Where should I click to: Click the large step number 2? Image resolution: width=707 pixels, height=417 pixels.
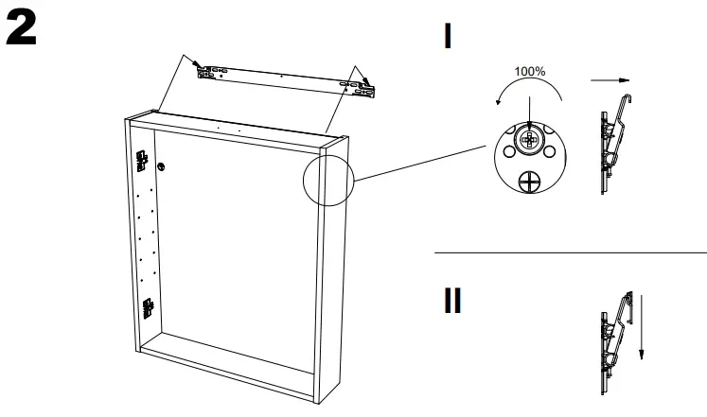point(22,31)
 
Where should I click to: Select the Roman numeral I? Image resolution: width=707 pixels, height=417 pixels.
point(448,37)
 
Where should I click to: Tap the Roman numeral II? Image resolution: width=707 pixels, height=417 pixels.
point(453,301)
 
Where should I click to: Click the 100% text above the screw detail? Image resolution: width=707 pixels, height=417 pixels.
point(530,71)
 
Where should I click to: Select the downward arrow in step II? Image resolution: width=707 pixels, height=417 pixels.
point(641,327)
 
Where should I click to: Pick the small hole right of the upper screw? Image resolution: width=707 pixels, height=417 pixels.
point(551,135)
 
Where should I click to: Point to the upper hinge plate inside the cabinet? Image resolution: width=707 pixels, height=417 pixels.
point(143,163)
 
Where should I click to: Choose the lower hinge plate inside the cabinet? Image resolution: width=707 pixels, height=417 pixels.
point(148,308)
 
